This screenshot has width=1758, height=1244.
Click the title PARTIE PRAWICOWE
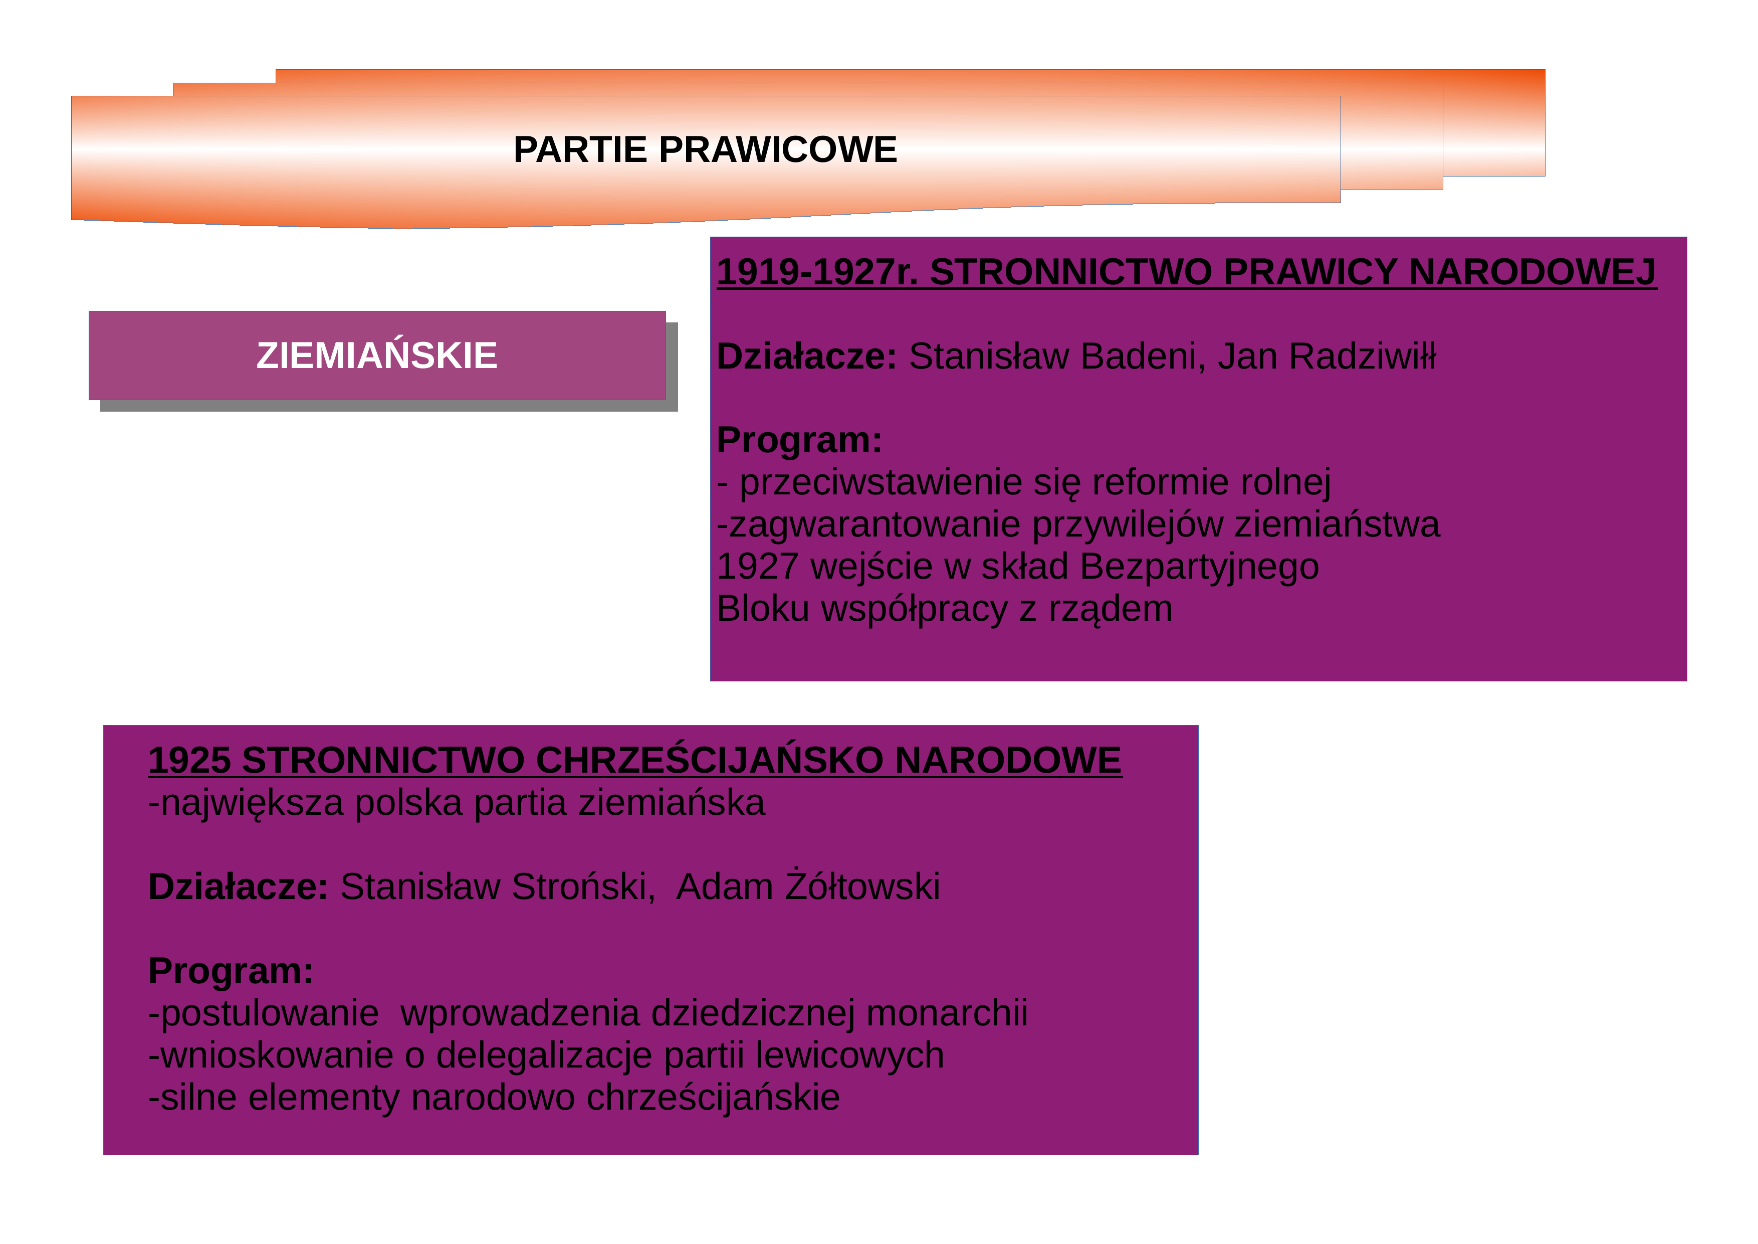[x=705, y=149]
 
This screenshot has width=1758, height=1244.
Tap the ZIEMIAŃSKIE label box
[x=377, y=356]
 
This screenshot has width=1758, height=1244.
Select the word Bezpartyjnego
[x=1199, y=568]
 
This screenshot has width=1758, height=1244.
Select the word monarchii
[x=947, y=1013]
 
